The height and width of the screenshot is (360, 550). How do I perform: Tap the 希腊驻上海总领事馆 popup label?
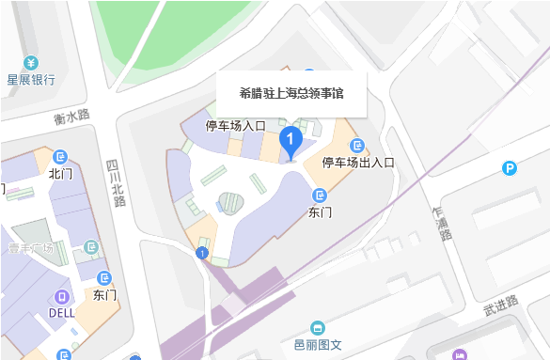click(x=291, y=93)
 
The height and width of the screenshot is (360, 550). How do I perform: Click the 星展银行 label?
click(x=31, y=80)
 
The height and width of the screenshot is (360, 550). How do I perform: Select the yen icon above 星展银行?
click(x=31, y=63)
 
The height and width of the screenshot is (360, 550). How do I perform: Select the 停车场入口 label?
click(x=236, y=125)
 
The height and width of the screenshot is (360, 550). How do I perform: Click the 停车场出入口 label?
click(x=358, y=162)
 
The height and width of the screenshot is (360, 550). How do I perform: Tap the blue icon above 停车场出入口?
click(x=357, y=145)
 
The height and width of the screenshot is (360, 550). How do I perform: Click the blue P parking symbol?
click(x=509, y=169)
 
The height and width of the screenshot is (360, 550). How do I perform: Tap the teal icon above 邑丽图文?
click(x=319, y=327)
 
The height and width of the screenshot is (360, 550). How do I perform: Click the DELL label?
click(x=62, y=313)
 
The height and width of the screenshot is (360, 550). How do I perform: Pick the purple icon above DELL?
click(x=62, y=295)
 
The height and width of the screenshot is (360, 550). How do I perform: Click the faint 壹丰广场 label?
click(x=31, y=248)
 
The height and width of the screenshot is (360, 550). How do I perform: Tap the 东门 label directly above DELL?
click(x=105, y=294)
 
